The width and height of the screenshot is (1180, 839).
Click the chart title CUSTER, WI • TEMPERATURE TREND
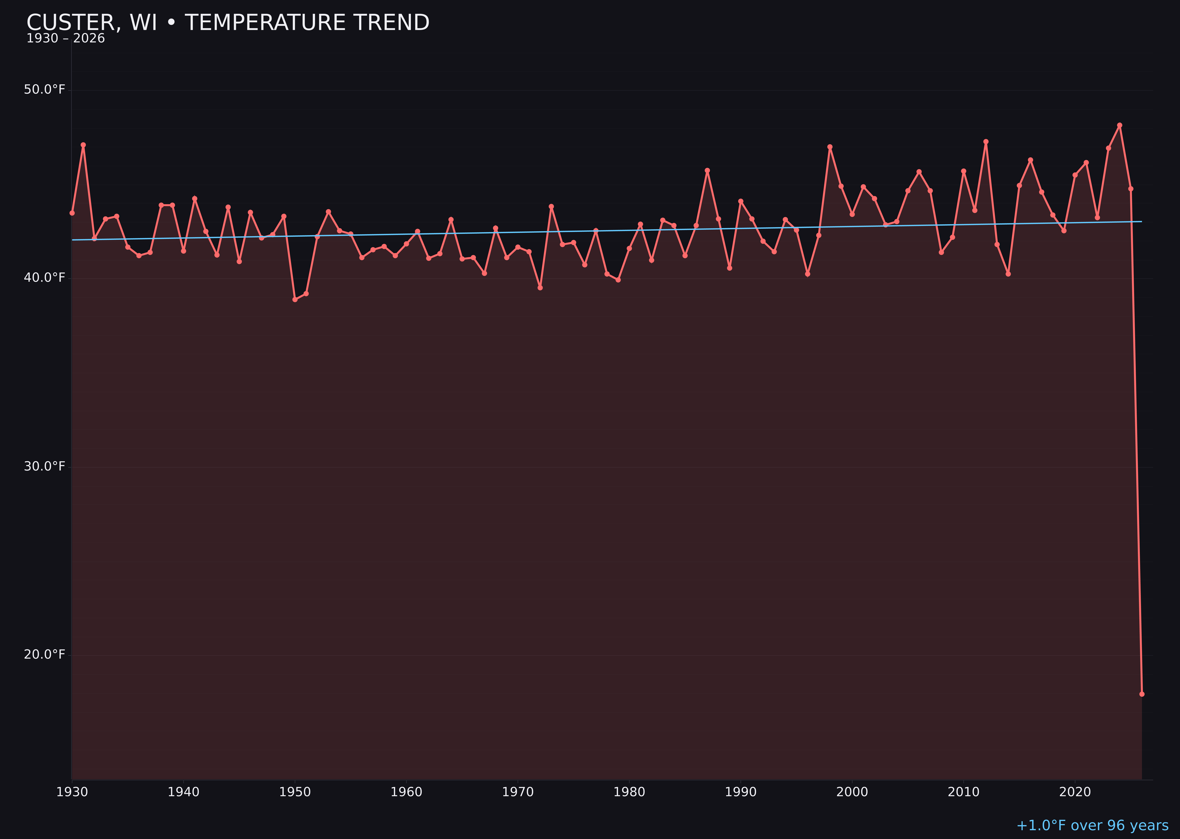(x=228, y=23)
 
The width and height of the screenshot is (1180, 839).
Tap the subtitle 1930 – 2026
(x=65, y=39)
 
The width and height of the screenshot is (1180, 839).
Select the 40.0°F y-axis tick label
(x=45, y=278)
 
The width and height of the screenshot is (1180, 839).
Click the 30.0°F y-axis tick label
(x=45, y=466)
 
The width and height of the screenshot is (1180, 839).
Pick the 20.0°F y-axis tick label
(x=45, y=655)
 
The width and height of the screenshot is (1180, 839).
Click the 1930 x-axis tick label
(x=72, y=792)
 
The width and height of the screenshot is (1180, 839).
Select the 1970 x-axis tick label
(x=518, y=792)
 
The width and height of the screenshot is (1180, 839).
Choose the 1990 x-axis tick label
(x=740, y=792)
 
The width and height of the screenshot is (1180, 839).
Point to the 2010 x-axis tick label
(x=963, y=792)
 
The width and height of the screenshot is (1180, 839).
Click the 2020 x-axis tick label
(x=1075, y=792)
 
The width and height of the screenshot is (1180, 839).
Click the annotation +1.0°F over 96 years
(x=1092, y=825)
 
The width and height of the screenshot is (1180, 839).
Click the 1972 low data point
(x=540, y=288)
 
